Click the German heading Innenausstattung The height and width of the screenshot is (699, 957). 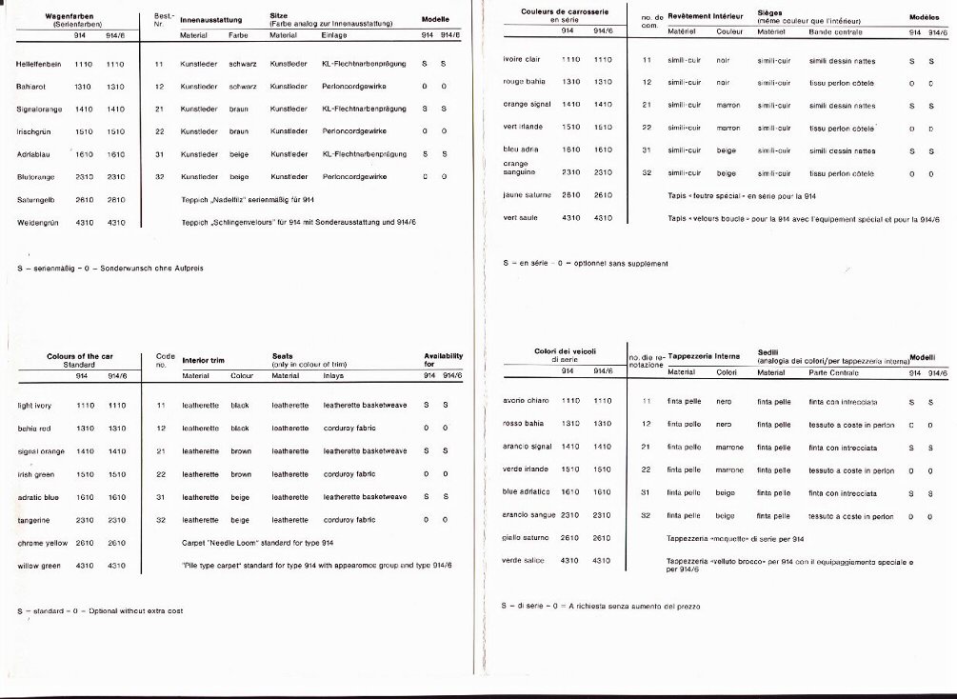coord(210,19)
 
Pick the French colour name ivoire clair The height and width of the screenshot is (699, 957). coord(523,60)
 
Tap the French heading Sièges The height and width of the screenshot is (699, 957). coord(770,13)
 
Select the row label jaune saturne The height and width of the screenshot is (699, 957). coord(527,195)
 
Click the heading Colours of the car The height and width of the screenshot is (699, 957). coord(78,356)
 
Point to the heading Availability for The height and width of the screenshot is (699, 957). coord(443,360)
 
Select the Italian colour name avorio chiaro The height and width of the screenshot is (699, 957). coord(526,401)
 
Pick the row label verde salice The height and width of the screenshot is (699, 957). coord(523,560)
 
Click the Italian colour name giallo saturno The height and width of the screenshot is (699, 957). coord(527,538)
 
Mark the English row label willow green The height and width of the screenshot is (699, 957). coord(39,566)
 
